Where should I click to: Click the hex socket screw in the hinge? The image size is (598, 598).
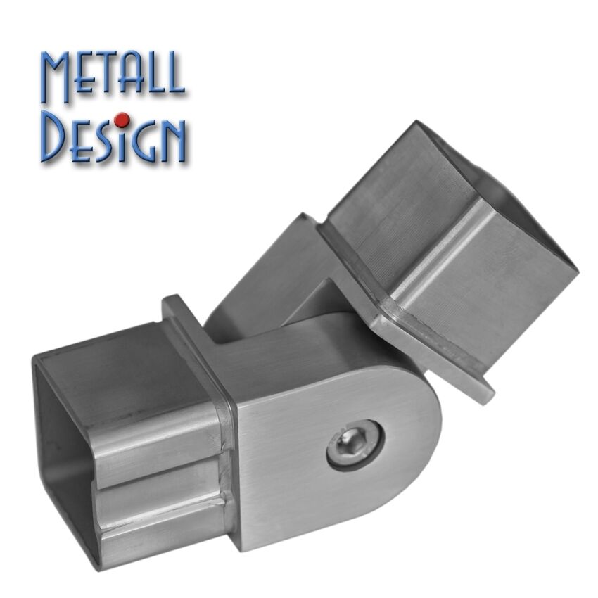(x=355, y=445)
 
